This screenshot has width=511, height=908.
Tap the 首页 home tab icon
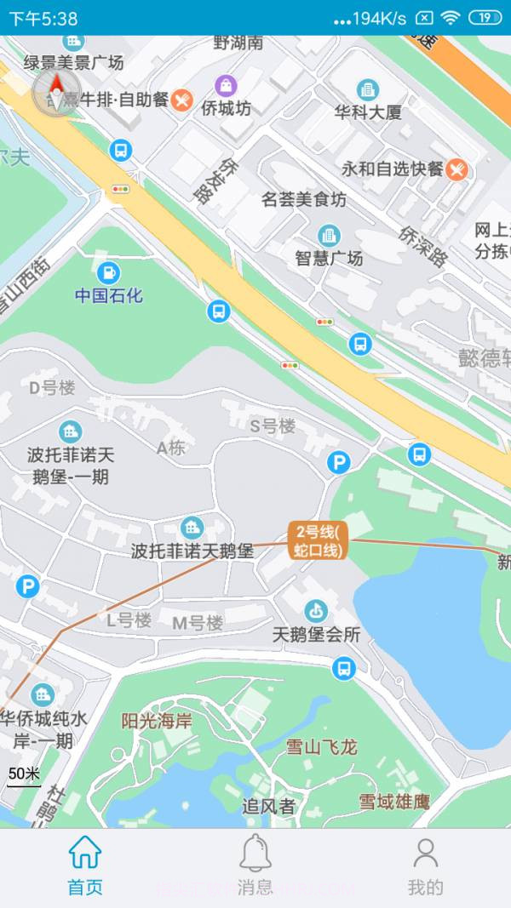85,852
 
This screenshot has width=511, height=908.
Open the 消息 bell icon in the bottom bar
255,852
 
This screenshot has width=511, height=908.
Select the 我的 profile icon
425,852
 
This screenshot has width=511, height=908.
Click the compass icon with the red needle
56,90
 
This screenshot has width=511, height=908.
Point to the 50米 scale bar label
24,774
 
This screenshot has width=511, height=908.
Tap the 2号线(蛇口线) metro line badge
317,541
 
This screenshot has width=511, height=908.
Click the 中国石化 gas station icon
108,273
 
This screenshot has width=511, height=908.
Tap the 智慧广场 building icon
329,236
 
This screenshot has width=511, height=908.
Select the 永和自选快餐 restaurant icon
457,169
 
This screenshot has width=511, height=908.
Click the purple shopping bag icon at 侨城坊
226,85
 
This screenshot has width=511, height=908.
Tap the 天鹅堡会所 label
316,635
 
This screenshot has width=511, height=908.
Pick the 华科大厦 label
368,112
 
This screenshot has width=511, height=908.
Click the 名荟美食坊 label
304,200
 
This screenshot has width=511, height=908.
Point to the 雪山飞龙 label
321,747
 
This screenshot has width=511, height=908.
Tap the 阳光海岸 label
157,721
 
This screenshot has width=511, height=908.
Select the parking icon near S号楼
339,462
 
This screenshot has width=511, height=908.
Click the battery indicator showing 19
485,18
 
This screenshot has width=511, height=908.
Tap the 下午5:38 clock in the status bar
43,18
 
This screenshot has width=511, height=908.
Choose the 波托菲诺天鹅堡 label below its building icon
192,551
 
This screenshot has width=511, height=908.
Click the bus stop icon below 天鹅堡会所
344,668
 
